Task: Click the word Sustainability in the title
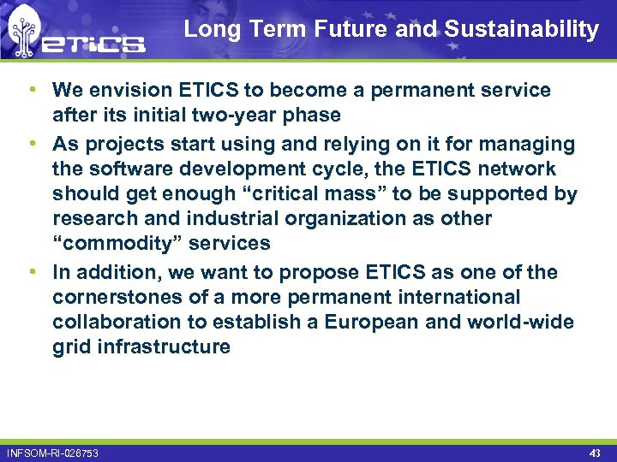[x=521, y=30]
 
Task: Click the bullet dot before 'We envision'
[x=32, y=90]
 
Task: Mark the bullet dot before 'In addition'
[x=32, y=273]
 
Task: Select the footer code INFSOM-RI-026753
[x=52, y=453]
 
